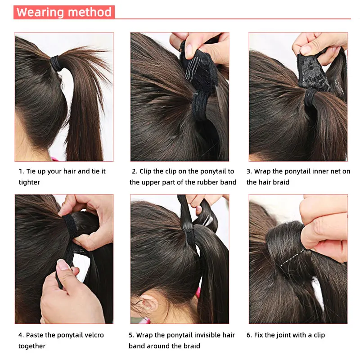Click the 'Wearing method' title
click(x=64, y=12)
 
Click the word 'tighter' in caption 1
click(x=29, y=182)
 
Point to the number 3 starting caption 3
click(x=248, y=171)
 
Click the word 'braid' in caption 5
click(x=191, y=346)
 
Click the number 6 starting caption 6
click(x=249, y=335)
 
